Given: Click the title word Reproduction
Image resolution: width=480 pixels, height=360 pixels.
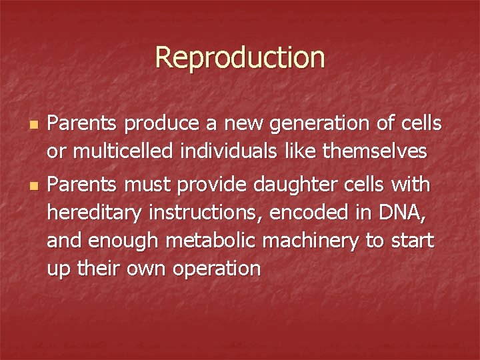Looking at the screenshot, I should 240,57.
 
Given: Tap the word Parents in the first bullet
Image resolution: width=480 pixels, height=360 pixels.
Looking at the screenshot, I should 83,123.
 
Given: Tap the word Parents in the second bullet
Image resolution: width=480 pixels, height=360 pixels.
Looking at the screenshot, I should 83,184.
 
